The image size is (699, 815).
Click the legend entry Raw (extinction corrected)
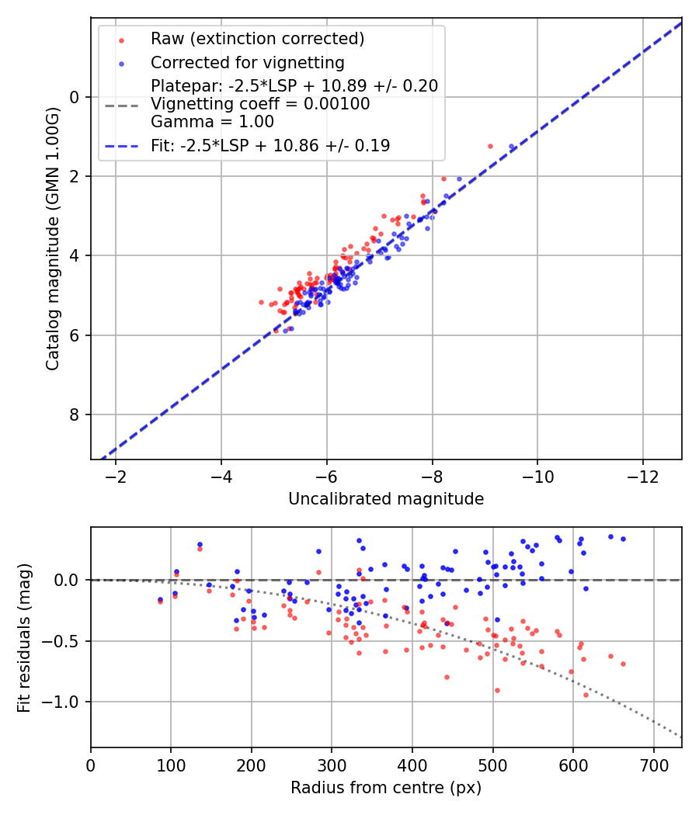[257, 39]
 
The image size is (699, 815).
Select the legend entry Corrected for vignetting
[247, 62]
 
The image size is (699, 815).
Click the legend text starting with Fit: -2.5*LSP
[270, 145]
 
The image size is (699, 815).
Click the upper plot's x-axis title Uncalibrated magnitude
[386, 499]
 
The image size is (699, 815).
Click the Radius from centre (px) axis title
[386, 788]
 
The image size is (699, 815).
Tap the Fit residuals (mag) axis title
[24, 637]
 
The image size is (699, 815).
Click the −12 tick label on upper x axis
[642, 475]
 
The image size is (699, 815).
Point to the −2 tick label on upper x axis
[116, 475]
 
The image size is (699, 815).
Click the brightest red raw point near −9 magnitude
[490, 146]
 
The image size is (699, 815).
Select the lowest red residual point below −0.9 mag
[586, 695]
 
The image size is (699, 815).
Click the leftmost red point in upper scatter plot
[261, 302]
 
